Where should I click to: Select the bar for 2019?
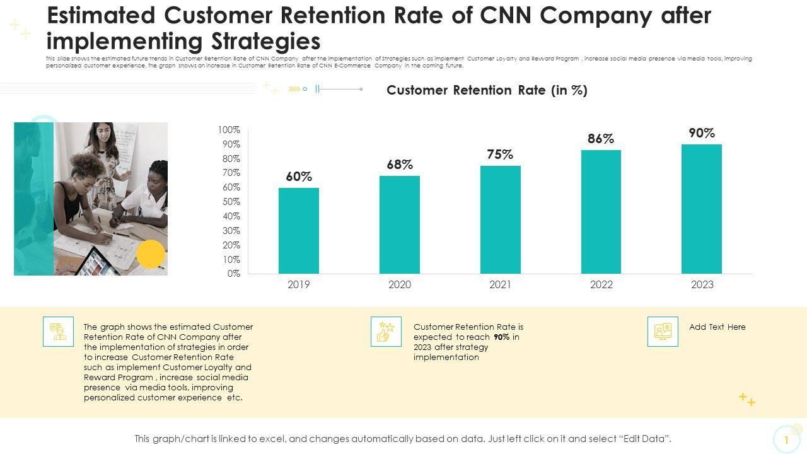pos(299,230)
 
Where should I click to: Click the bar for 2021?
pos(500,219)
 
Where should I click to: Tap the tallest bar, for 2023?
pos(701,209)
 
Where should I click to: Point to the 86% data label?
pos(601,139)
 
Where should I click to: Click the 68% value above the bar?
pos(400,165)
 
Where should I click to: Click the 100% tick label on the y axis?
pos(229,130)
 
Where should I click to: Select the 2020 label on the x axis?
pos(400,284)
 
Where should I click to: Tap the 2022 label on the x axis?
pos(601,284)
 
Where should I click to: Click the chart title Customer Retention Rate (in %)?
pos(487,90)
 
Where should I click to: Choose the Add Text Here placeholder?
pos(717,327)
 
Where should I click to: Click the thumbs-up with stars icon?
pos(386,332)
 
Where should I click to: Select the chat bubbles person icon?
pos(59,332)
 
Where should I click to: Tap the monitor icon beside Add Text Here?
pos(663,332)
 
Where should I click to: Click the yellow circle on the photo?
pos(151,254)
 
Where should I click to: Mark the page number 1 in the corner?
pos(786,439)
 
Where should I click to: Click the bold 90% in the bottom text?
pos(502,337)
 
